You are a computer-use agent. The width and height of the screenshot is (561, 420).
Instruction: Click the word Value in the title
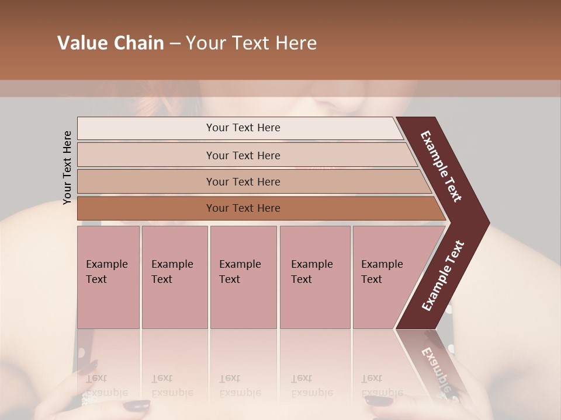click(x=81, y=43)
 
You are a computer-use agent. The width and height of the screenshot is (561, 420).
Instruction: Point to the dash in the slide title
click(x=175, y=44)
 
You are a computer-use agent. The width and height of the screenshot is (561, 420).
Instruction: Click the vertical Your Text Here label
click(x=67, y=167)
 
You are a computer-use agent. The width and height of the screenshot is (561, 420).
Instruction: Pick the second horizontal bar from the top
click(x=243, y=155)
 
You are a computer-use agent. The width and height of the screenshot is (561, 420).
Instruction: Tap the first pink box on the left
click(x=108, y=277)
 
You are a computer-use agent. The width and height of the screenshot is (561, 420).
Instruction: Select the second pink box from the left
click(x=174, y=277)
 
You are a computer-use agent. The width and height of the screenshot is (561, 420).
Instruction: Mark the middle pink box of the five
click(x=243, y=277)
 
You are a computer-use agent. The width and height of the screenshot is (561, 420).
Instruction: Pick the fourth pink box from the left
click(x=314, y=277)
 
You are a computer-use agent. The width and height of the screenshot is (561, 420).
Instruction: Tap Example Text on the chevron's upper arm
click(x=441, y=167)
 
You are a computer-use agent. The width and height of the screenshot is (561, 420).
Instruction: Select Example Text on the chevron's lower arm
click(x=443, y=275)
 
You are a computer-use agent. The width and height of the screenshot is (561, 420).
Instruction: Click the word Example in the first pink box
click(x=107, y=264)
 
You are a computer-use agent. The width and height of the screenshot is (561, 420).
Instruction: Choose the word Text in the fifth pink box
click(x=372, y=279)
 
